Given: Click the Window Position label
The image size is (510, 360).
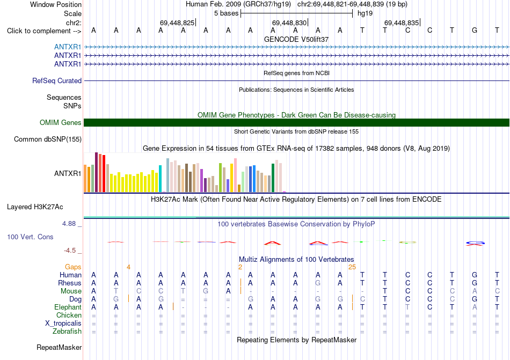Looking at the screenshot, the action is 56,4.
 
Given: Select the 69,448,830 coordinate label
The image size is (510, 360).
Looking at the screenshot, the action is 289,23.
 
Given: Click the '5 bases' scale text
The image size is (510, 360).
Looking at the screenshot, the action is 226,13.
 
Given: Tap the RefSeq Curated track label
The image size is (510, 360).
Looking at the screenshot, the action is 57,80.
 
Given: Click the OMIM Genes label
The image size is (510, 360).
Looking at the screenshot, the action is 61,122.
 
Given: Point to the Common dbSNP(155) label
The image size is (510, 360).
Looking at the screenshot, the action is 48,139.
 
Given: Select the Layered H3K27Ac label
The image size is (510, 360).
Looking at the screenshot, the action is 35,207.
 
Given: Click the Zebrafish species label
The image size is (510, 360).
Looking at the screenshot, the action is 67,332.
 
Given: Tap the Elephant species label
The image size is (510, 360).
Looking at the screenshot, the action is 68,307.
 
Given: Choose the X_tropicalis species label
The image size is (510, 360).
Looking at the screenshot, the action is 63,324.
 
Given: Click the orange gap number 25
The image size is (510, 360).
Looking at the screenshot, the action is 352,267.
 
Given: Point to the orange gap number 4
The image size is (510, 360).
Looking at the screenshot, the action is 128,267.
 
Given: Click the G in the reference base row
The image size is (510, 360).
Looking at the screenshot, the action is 475,30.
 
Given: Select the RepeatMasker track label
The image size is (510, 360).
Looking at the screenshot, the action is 59,347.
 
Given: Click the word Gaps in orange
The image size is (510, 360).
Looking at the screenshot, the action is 73,267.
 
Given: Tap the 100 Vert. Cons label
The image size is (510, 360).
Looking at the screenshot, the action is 30,237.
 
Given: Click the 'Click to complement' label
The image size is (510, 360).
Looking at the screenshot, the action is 44,31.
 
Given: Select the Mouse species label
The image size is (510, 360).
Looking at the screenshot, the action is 71,291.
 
